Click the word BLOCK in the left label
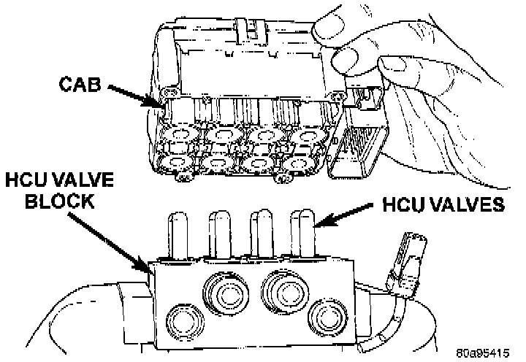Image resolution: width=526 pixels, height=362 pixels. [x=56, y=202]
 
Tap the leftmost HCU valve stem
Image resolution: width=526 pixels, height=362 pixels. [x=178, y=234]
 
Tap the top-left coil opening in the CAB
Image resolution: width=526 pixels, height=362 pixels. [x=178, y=134]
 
